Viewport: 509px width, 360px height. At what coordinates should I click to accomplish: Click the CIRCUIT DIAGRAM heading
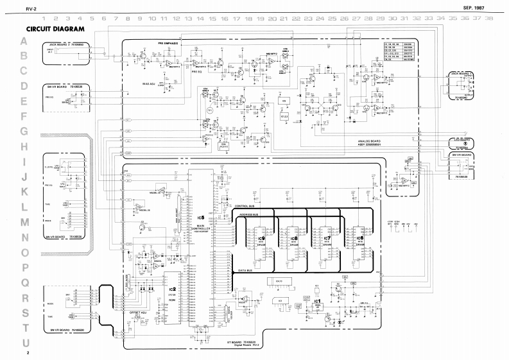56,30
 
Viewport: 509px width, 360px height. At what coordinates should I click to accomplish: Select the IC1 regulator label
318,300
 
